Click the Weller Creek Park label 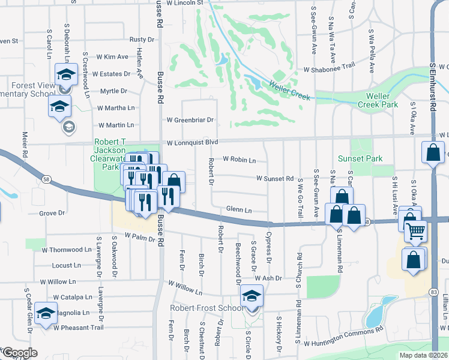point(394,100)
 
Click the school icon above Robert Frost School point(252,295)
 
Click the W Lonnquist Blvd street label point(191,143)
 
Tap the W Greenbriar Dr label point(190,120)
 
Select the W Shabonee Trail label point(330,69)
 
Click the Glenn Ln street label point(238,210)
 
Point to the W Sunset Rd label point(274,178)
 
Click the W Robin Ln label point(240,160)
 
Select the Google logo point(19,353)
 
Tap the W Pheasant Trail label point(78,328)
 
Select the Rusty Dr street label point(142,40)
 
